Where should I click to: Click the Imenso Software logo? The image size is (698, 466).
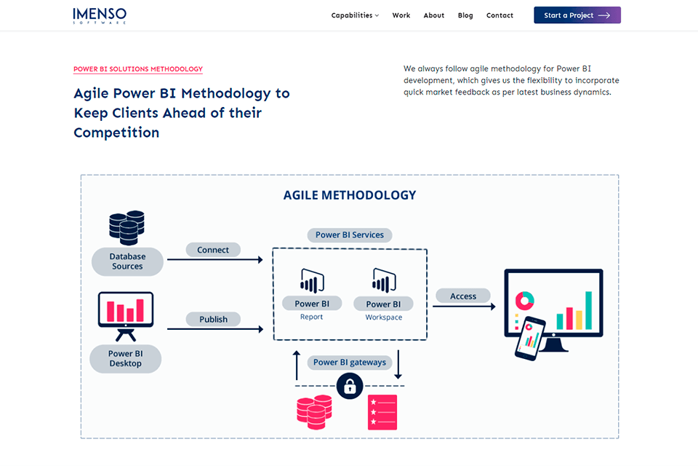pos(100,15)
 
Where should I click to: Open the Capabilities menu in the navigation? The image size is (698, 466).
pos(355,15)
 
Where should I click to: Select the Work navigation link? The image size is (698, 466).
pos(401,15)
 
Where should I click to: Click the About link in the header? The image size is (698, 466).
pos(434,15)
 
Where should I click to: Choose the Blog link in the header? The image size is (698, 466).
pos(465,15)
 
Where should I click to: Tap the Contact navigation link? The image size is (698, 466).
pos(500,15)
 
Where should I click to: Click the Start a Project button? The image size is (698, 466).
pos(577,15)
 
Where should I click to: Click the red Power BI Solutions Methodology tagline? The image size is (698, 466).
pos(138,69)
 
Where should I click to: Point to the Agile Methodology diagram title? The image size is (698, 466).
pos(350,195)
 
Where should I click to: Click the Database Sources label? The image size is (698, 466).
pos(127,261)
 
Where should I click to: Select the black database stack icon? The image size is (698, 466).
pos(127,227)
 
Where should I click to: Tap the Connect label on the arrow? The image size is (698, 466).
pos(213,250)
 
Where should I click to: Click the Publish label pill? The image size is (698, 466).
pos(213,319)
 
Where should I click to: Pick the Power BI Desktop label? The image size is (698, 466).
pos(125,359)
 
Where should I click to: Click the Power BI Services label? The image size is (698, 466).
pos(350,235)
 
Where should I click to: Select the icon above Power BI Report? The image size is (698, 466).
pos(312,281)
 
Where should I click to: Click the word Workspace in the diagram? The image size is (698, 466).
pos(383,317)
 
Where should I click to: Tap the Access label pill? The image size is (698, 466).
pos(463,296)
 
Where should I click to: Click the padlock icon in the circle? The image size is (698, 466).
pos(350,387)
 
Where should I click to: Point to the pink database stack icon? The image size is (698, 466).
pos(314,411)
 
